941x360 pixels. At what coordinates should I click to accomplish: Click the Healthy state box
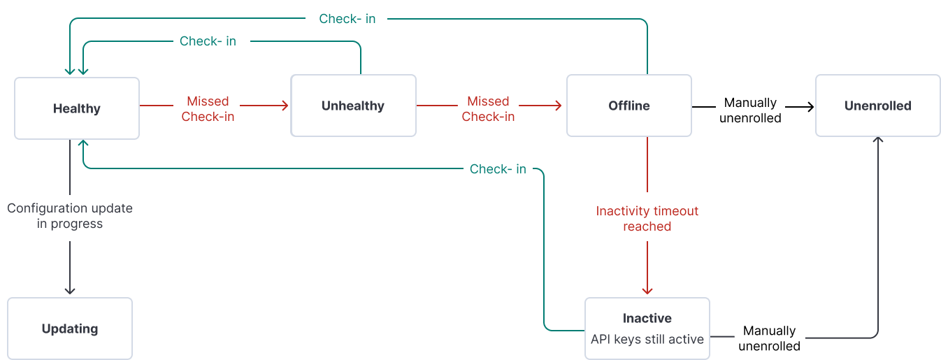(77, 108)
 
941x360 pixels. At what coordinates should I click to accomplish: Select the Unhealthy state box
(353, 106)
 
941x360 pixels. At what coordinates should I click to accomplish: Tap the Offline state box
(628, 106)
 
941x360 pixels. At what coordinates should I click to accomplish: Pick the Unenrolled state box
(877, 106)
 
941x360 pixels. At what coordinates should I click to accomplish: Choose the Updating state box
(70, 329)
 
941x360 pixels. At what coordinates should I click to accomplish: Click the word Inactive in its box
(647, 318)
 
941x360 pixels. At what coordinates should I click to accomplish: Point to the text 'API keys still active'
(647, 339)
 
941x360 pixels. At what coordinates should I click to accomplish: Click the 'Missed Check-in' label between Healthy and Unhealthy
(208, 109)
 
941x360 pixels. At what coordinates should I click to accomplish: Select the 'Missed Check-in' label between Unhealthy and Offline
(488, 109)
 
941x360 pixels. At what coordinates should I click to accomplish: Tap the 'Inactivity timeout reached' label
(647, 218)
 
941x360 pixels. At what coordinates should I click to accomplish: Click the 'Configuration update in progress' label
(70, 216)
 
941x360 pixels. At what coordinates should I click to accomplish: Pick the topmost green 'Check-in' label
(347, 19)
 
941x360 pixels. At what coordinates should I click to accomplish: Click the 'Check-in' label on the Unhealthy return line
(208, 41)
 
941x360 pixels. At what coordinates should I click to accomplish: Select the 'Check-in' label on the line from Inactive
(498, 169)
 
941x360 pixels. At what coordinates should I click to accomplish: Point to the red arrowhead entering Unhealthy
(285, 106)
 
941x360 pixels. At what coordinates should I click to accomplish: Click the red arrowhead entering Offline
(559, 106)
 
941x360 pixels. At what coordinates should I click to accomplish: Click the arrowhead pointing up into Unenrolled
(877, 140)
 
